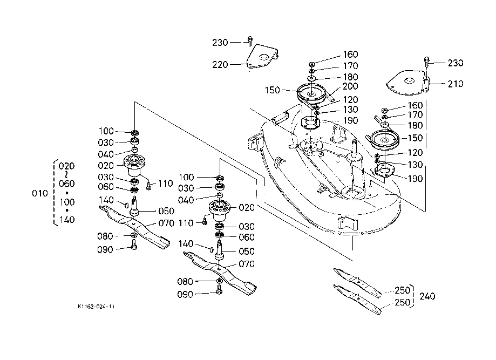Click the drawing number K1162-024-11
(96, 307)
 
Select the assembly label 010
(40, 193)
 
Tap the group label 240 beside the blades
(427, 296)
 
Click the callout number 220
(220, 65)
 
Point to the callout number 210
(456, 84)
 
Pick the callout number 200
(350, 86)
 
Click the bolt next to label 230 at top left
(249, 40)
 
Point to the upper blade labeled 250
(357, 282)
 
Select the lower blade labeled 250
(357, 300)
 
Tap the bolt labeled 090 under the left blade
(134, 245)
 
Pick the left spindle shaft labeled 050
(134, 206)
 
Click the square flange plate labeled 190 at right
(385, 171)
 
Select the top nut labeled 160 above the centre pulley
(311, 64)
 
